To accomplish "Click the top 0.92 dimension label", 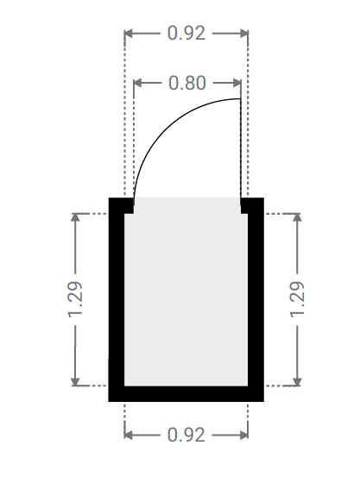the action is click(x=186, y=34).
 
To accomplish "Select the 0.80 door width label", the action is click(x=187, y=83).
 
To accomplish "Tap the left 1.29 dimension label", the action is click(x=75, y=299).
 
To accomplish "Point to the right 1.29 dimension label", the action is click(x=297, y=299).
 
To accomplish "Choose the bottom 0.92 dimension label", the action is click(x=186, y=435).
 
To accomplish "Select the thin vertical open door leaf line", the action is click(x=240, y=147).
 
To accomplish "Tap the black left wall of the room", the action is click(x=117, y=299).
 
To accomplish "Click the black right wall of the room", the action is click(x=256, y=299).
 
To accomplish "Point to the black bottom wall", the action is click(x=186, y=393).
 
